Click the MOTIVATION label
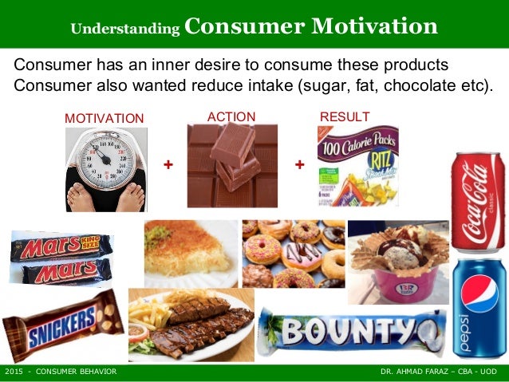[x=104, y=119]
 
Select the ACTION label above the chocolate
[x=231, y=117]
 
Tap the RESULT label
[x=344, y=117]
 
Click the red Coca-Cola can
[x=479, y=203]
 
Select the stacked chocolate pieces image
[x=231, y=165]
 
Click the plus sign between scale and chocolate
[x=168, y=164]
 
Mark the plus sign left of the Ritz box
[x=300, y=164]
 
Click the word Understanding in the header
[x=124, y=29]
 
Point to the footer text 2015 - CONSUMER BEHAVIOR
[x=61, y=372]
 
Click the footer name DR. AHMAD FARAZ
[x=413, y=372]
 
